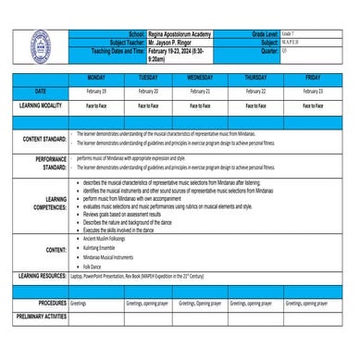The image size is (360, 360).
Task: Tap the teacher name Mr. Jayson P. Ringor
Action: click(x=171, y=43)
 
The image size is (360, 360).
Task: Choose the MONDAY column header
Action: click(x=96, y=78)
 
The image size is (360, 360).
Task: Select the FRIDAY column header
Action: click(x=313, y=78)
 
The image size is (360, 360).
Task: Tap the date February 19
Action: click(x=96, y=92)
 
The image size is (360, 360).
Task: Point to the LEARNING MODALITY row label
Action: click(x=39, y=106)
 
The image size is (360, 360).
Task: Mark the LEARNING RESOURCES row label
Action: click(x=42, y=276)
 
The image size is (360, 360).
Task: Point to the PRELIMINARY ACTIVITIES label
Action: click(x=41, y=317)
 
